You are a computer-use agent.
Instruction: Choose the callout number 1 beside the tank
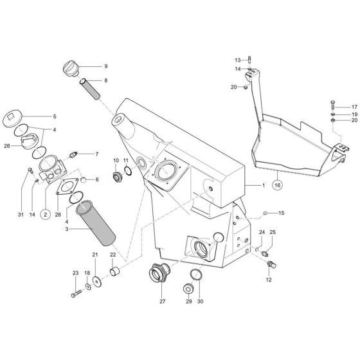pos(263,184)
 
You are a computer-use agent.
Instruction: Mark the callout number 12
pos(269,280)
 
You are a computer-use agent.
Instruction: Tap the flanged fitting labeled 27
pos(158,273)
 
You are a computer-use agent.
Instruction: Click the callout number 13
pos(236,59)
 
